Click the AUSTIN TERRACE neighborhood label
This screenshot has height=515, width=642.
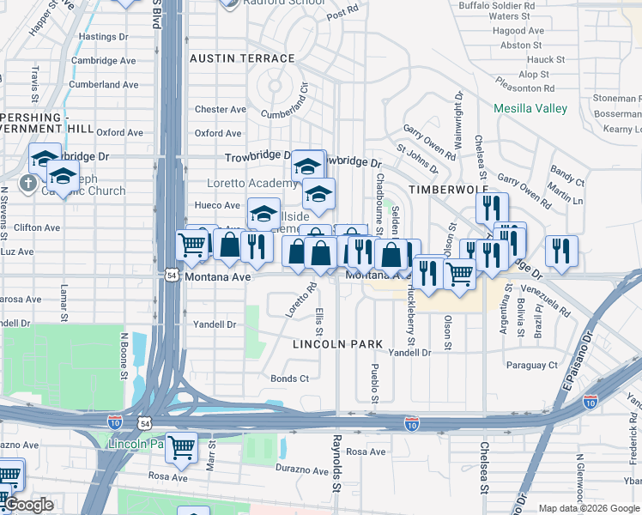coord(242,58)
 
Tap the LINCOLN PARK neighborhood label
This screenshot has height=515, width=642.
coord(337,344)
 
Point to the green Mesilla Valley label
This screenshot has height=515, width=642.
coord(530,108)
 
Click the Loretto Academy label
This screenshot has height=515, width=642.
coord(252,184)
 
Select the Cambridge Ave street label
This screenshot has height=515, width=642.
coord(106,61)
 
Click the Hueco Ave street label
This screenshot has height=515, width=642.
coord(218,206)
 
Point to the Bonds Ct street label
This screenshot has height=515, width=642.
coord(289,379)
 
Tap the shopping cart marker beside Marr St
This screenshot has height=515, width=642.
coord(181,445)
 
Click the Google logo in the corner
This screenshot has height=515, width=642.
coord(28,505)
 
